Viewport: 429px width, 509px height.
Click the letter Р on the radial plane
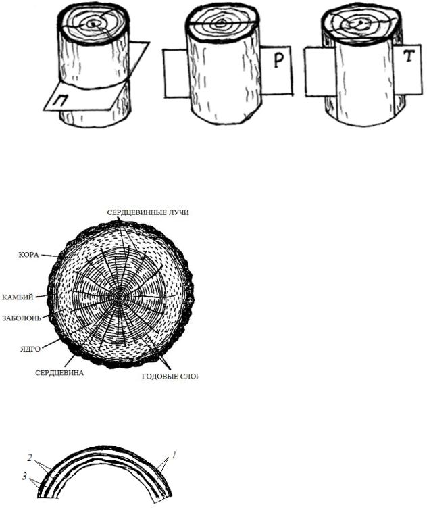tap(278, 60)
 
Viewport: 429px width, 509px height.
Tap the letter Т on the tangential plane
tap(409, 56)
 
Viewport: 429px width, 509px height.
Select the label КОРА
tap(29, 255)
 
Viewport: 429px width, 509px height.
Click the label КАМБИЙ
tap(18, 297)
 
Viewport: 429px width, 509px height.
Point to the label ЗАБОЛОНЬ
tap(22, 318)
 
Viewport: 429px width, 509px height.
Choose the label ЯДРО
tap(30, 349)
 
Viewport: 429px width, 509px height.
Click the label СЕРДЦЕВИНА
tap(59, 373)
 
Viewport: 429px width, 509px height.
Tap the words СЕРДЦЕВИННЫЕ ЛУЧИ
tap(148, 212)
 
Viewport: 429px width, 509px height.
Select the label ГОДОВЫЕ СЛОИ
tap(170, 377)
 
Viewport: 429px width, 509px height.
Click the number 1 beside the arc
tap(174, 455)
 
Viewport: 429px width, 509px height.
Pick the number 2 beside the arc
tap(30, 458)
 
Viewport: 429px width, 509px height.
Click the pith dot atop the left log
tap(93, 24)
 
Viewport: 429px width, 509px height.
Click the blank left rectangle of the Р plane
tap(176, 73)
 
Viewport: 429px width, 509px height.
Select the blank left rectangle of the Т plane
tap(320, 72)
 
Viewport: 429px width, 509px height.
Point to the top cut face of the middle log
tap(222, 24)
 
